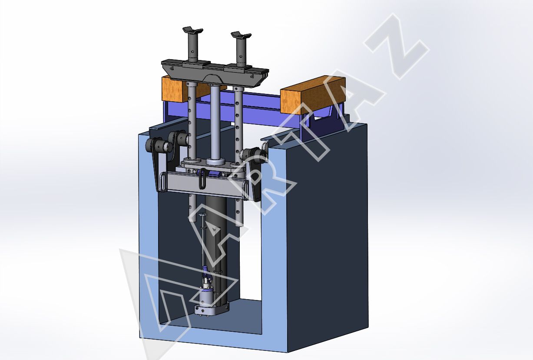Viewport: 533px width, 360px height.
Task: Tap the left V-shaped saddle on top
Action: (x=193, y=30)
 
